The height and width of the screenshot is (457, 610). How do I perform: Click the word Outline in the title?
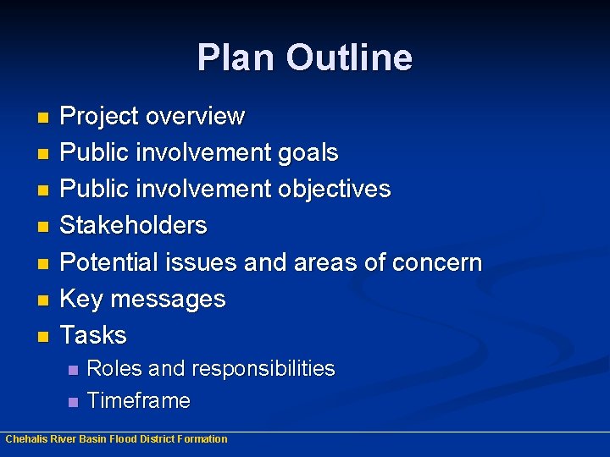click(x=348, y=58)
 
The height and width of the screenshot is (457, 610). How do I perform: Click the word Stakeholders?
click(x=134, y=225)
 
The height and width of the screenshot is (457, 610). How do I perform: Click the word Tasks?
click(x=94, y=335)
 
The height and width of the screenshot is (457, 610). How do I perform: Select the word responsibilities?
click(x=263, y=369)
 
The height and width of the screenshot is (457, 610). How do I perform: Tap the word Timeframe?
click(x=139, y=400)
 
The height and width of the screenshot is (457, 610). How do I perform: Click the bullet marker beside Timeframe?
click(x=72, y=401)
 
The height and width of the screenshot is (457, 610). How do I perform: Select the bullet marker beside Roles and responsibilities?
click(x=72, y=370)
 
